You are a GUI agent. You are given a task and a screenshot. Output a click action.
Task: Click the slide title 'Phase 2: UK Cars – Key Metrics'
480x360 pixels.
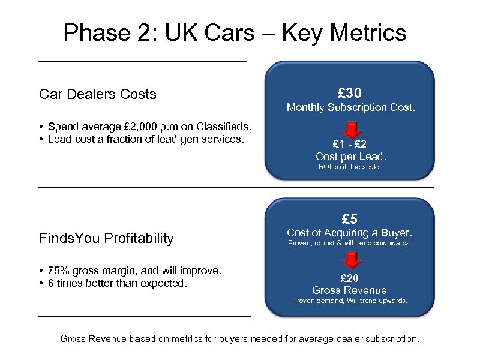click(x=235, y=32)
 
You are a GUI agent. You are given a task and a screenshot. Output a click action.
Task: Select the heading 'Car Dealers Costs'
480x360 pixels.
click(x=97, y=94)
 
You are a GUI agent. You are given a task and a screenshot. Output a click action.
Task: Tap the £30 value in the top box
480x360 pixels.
click(x=349, y=92)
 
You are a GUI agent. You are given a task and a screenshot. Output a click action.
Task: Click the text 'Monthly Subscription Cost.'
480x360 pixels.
click(x=350, y=108)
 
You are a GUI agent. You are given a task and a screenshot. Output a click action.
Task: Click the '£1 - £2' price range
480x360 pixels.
click(x=350, y=144)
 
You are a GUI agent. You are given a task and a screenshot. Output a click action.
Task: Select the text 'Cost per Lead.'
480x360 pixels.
click(x=351, y=157)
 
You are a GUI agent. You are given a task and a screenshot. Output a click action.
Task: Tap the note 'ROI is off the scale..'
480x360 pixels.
click(x=350, y=167)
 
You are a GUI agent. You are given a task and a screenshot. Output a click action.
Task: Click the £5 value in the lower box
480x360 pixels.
click(x=349, y=218)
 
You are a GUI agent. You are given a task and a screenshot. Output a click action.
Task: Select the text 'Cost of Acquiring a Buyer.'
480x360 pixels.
click(x=349, y=233)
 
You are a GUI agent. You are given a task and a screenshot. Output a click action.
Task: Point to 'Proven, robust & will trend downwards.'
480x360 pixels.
click(x=349, y=244)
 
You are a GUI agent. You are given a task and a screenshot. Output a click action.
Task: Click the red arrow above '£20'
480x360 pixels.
click(x=350, y=260)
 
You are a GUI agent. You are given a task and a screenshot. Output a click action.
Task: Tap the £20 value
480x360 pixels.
click(x=349, y=278)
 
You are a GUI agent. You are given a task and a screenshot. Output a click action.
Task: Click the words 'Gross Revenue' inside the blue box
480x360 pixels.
click(x=349, y=290)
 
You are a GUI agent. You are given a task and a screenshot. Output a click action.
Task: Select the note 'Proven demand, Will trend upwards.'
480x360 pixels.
click(x=349, y=301)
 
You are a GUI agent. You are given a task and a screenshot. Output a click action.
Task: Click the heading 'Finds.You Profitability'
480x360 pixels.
click(x=106, y=238)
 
